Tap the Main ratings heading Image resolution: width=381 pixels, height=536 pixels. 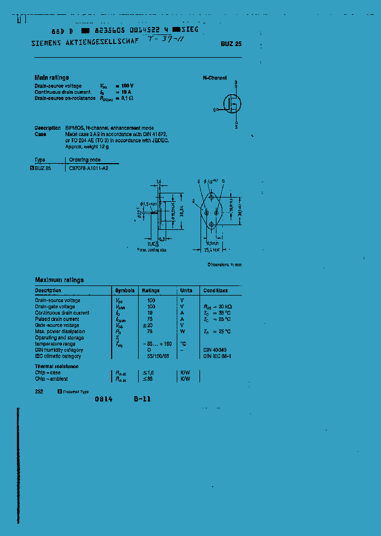click(x=52, y=77)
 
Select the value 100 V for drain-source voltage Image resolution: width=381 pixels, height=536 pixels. click(x=127, y=86)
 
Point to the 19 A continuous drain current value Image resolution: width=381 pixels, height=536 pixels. click(x=125, y=92)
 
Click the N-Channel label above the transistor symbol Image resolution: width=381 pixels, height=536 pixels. click(x=215, y=78)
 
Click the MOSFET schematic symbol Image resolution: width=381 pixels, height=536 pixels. click(x=231, y=103)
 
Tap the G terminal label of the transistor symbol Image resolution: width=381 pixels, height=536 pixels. click(x=215, y=110)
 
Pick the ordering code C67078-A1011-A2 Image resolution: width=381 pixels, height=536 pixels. click(x=89, y=167)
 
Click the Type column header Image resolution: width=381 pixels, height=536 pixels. click(x=40, y=159)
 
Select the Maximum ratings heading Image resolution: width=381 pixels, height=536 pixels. click(x=59, y=280)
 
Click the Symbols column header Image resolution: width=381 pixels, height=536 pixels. click(x=125, y=291)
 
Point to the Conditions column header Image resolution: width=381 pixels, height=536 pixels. click(x=215, y=291)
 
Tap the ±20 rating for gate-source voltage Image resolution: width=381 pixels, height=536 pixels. click(x=150, y=325)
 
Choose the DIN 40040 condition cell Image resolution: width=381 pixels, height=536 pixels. click(x=215, y=350)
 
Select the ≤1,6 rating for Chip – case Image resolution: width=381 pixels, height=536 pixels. click(x=150, y=373)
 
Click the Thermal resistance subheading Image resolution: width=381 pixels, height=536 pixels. click(x=57, y=367)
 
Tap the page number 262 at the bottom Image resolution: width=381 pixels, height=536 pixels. click(x=39, y=391)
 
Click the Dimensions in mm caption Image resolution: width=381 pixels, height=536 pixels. click(x=224, y=264)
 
